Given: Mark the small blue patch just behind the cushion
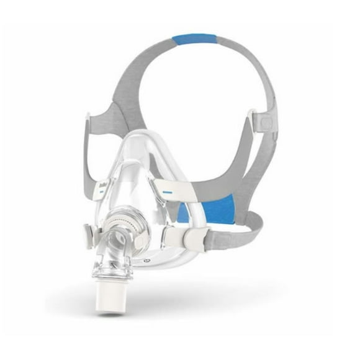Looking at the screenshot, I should click(x=182, y=214).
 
